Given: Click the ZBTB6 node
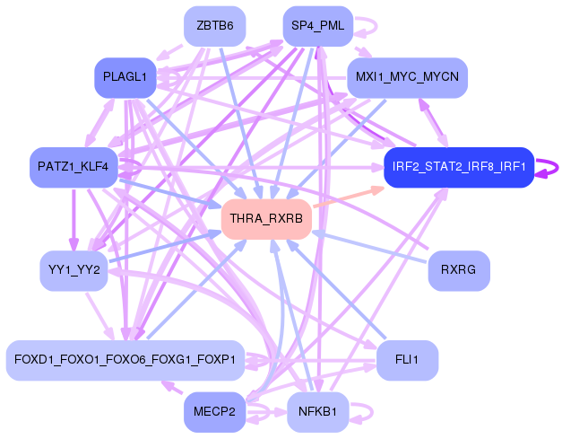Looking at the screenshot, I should point(215,26).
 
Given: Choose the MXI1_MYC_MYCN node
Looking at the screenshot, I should point(407,78).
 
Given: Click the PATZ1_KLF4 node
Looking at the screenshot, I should point(73,167).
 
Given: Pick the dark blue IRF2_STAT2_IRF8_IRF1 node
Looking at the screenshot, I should point(458,167).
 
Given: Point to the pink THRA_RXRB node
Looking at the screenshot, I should point(265,219).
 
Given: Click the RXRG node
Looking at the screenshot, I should point(458,269).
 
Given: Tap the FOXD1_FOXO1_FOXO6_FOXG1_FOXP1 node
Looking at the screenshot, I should point(125,359).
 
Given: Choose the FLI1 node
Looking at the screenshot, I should point(407,359).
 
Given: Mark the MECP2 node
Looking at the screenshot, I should point(215,412).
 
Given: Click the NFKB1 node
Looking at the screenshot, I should point(316,412).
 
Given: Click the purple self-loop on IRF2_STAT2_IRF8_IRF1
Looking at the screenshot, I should point(549,167).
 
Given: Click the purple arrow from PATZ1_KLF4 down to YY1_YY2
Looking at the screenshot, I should point(73,220).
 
